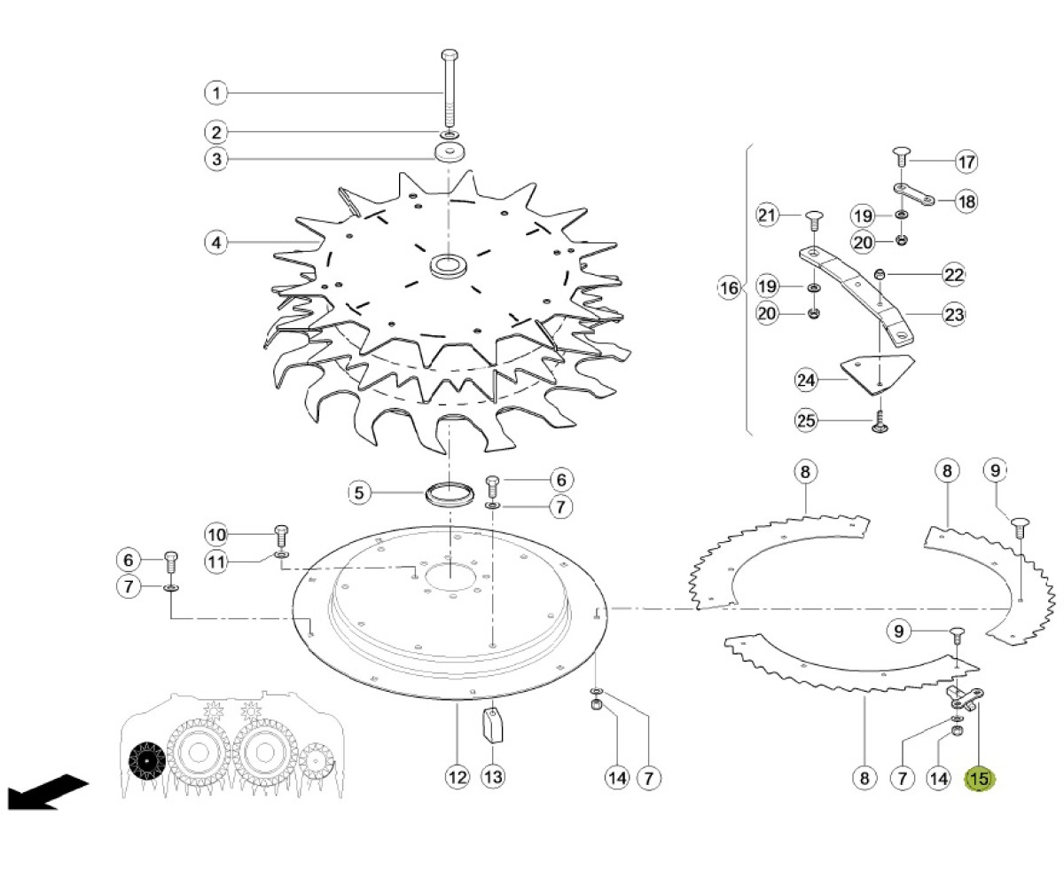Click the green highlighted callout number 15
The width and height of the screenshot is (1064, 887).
click(x=979, y=779)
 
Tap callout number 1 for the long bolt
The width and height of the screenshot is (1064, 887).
click(x=216, y=93)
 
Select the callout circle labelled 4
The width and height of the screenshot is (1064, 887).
click(x=216, y=242)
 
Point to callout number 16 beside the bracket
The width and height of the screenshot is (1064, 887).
click(x=729, y=288)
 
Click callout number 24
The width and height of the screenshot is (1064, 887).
click(x=806, y=381)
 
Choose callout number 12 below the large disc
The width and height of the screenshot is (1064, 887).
click(x=458, y=777)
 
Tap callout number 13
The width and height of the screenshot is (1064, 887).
click(x=493, y=777)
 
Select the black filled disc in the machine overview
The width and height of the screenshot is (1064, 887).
click(x=147, y=760)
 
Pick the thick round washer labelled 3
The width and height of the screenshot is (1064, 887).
click(x=451, y=152)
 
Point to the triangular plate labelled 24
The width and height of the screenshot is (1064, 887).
click(x=878, y=373)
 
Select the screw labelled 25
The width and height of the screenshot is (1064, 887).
click(x=880, y=423)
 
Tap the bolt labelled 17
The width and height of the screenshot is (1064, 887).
click(x=901, y=156)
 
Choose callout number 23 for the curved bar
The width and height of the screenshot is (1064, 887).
click(x=954, y=315)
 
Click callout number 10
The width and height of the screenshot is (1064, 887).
click(x=216, y=535)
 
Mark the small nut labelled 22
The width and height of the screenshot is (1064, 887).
click(x=879, y=275)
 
